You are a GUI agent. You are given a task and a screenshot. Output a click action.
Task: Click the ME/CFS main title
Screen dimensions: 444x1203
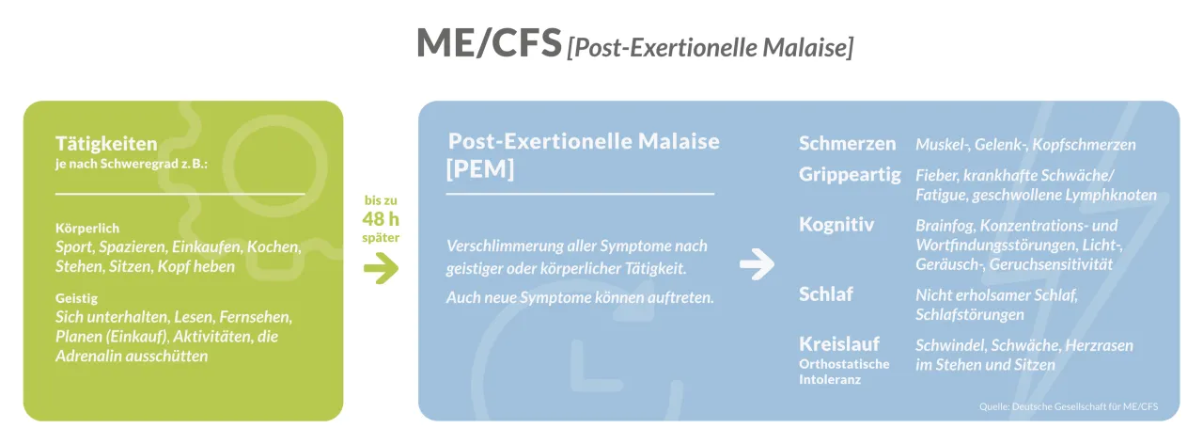pyautogui.click(x=488, y=43)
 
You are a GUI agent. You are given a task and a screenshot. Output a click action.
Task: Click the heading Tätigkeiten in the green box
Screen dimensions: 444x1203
pyautogui.click(x=106, y=144)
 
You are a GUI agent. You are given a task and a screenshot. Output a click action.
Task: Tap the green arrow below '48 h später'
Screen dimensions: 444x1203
pyautogui.click(x=381, y=268)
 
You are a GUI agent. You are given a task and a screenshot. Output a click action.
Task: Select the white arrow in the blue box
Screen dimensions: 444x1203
pyautogui.click(x=757, y=266)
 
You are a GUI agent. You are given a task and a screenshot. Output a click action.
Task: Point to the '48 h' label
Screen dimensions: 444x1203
pyautogui.click(x=381, y=219)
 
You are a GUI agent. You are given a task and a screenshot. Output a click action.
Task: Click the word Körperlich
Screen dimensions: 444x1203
pyautogui.click(x=87, y=228)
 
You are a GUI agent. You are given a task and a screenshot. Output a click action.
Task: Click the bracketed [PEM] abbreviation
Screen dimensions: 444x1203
pyautogui.click(x=480, y=170)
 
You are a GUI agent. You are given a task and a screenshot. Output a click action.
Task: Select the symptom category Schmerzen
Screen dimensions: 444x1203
pyautogui.click(x=847, y=144)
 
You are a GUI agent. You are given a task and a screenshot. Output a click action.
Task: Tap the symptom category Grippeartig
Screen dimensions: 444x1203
pyautogui.click(x=850, y=175)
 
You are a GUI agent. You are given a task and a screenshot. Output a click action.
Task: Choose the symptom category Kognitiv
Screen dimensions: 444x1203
pyautogui.click(x=836, y=225)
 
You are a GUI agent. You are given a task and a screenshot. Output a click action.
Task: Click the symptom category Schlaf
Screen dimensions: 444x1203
pyautogui.click(x=826, y=293)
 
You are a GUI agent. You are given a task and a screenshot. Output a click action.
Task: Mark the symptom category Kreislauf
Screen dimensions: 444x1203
pyautogui.click(x=839, y=343)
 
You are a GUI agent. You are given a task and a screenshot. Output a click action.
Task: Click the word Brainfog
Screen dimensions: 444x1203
pyautogui.click(x=945, y=226)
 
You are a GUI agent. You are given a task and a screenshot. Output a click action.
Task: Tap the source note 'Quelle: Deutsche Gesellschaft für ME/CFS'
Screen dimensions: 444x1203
pyautogui.click(x=1068, y=406)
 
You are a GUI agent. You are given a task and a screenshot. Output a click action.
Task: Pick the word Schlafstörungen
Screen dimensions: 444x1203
pyautogui.click(x=970, y=314)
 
